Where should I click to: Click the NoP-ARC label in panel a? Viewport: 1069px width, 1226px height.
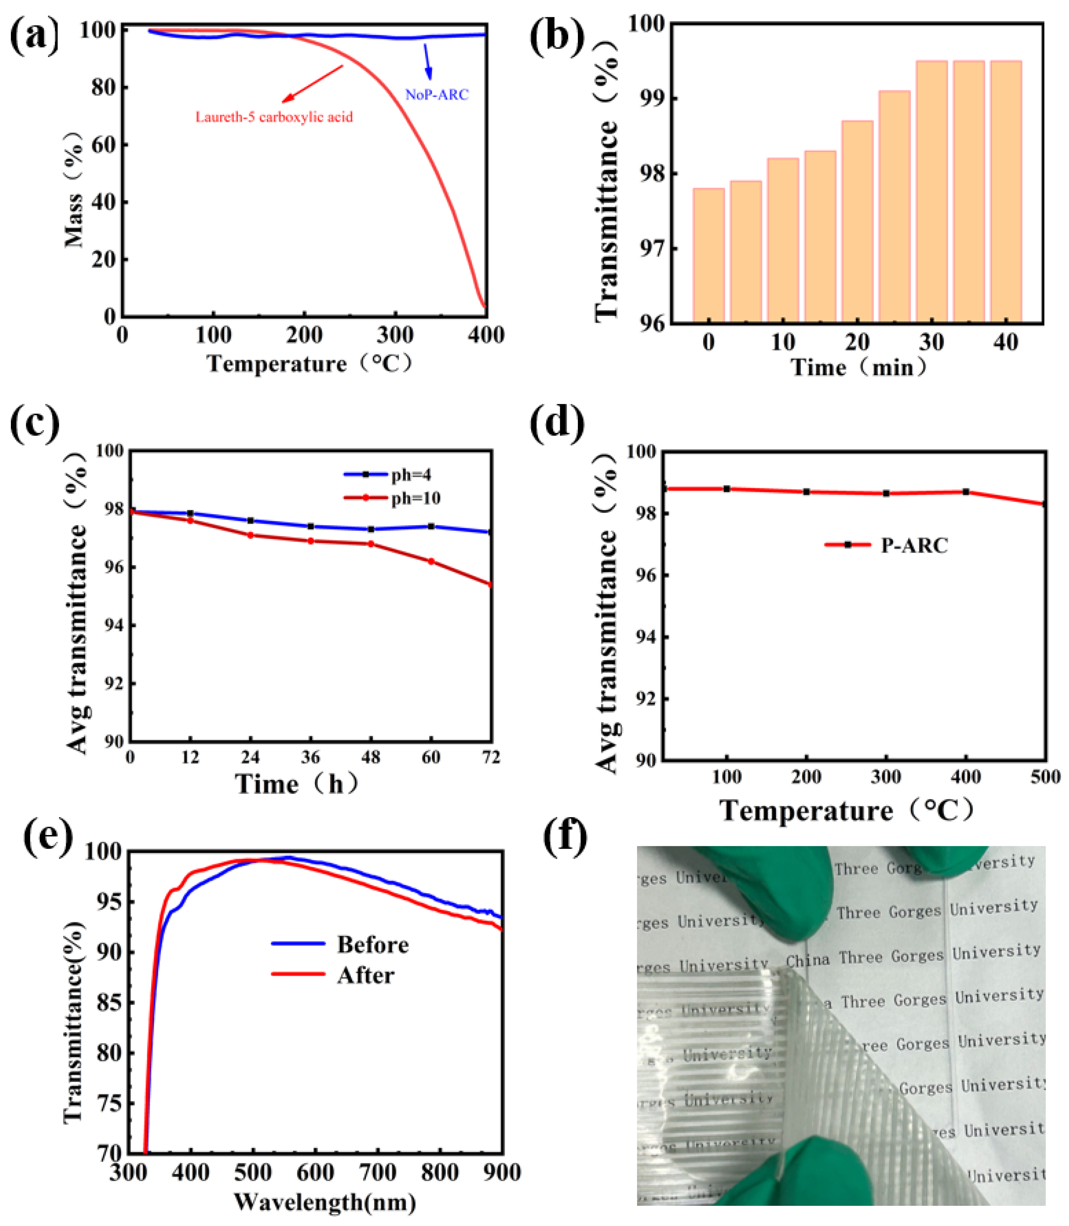437,94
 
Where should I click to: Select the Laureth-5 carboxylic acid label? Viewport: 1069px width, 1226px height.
274,117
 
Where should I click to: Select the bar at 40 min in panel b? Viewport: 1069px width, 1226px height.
1006,191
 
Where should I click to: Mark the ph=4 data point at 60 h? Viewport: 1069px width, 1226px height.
431,526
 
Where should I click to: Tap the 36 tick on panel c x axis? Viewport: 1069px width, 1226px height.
310,757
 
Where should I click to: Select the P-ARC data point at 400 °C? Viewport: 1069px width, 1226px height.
966,491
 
